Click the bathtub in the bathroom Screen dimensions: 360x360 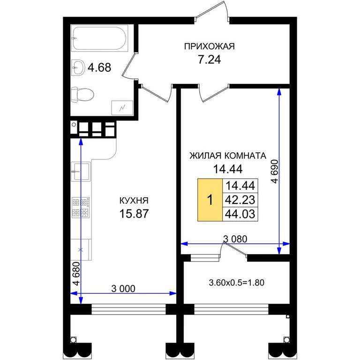click(x=100, y=38)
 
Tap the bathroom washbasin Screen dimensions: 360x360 click(x=78, y=67)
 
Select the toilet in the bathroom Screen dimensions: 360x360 click(x=82, y=94)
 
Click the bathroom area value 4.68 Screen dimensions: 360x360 click(x=99, y=67)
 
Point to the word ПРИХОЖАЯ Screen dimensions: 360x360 click(x=210, y=46)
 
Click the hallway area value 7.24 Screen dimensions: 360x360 click(x=210, y=60)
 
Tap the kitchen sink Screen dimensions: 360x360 click(x=81, y=171)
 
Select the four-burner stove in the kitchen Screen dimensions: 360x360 click(x=81, y=208)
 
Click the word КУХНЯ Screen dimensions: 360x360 click(x=134, y=201)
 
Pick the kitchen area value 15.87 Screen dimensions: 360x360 click(x=134, y=214)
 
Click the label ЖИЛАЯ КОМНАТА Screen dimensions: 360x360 click(x=228, y=156)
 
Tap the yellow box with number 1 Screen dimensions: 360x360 click(x=210, y=200)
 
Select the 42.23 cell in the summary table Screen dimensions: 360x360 click(x=240, y=200)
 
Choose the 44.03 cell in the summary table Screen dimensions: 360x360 click(x=240, y=214)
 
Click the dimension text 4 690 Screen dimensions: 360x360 click(x=275, y=171)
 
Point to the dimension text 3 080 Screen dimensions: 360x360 click(x=235, y=239)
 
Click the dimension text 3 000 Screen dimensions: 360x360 click(x=123, y=289)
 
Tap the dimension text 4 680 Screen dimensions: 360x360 click(x=76, y=273)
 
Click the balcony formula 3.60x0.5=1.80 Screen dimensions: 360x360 click(x=236, y=282)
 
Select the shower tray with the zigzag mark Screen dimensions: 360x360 click(x=122, y=108)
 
